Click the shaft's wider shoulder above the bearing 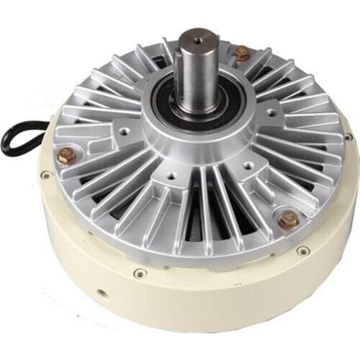coord(198,107)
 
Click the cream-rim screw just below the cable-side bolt coord(47,175)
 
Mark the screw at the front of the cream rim coord(140,273)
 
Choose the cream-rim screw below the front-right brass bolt coord(304,251)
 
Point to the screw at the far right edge coord(348,136)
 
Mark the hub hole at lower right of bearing coord(248,165)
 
